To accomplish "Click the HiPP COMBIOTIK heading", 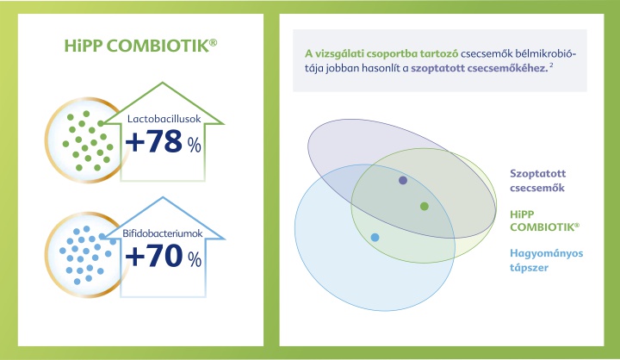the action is tap(140, 46).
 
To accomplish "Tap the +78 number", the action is tap(154, 141).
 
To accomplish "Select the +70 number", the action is tap(154, 256).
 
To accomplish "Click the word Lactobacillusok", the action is tap(164, 119).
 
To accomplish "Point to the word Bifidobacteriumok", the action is tap(163, 233).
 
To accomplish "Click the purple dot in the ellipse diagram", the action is tap(403, 180).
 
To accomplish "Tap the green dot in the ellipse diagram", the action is tap(425, 206).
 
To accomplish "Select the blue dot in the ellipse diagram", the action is tap(375, 238).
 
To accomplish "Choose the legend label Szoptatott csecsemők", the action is tap(537, 180).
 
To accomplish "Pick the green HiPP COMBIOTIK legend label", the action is tap(544, 220).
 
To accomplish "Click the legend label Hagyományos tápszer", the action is tap(547, 260).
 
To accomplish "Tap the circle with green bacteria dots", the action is tap(85, 140).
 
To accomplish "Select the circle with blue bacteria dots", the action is tap(85, 255).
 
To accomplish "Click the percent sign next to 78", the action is tap(195, 146).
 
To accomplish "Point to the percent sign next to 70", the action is tap(195, 259).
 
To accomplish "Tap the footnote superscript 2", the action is tap(551, 65).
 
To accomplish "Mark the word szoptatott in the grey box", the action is tap(437, 68).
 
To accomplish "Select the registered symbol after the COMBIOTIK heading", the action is tap(214, 41).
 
